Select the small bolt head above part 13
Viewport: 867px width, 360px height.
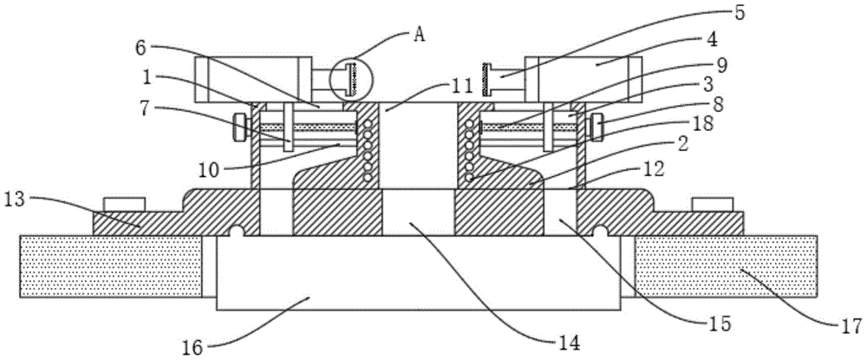(x=121, y=204)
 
